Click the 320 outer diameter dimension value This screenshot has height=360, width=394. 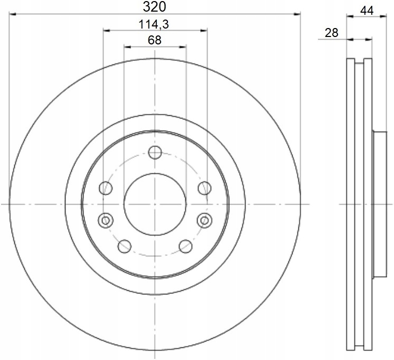tap(155, 7)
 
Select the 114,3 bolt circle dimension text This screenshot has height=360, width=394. tap(155, 24)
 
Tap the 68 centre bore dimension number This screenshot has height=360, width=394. tap(155, 40)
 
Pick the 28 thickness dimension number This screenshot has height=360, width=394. tap(331, 33)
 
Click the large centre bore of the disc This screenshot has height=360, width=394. tap(155, 204)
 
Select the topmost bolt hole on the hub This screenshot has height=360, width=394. tap(155, 153)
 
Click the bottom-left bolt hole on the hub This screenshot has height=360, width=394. tap(124, 245)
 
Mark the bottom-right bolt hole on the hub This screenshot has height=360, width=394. tap(185, 245)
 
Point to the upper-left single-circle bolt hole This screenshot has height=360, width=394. tap(106, 188)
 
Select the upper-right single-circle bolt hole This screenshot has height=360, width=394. tap(204, 188)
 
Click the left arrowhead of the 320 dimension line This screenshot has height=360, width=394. tap(14, 15)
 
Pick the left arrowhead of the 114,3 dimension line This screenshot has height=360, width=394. tap(107, 31)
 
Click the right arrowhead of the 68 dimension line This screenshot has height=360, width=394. tap(182, 47)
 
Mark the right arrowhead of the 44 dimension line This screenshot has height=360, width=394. tap(384, 17)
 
